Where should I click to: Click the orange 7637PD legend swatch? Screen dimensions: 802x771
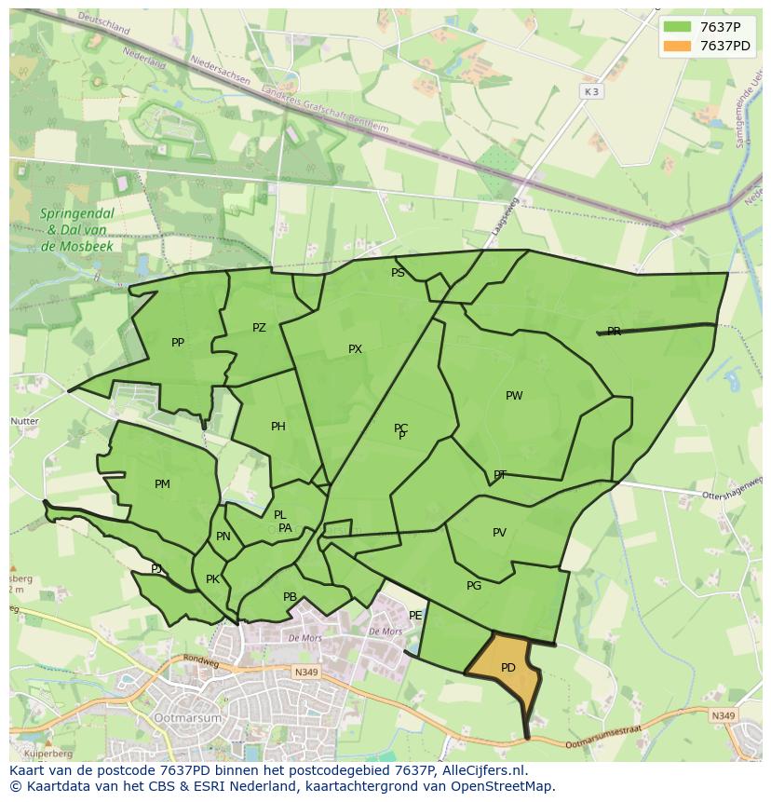(x=677, y=46)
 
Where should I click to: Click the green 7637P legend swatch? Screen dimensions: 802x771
(x=677, y=27)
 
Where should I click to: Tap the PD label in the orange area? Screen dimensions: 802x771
(x=508, y=668)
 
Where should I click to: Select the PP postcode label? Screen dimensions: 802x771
(x=178, y=343)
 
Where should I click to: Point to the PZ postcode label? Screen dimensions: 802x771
(x=259, y=328)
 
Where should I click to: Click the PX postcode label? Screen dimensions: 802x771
(x=355, y=349)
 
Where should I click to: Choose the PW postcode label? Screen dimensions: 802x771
(x=514, y=396)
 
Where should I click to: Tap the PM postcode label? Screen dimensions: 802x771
(x=162, y=484)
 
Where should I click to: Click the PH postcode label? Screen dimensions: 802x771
(x=278, y=427)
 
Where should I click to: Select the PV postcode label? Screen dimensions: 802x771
(x=499, y=533)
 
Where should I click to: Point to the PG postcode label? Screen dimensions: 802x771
(x=474, y=586)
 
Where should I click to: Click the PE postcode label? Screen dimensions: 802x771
(x=415, y=616)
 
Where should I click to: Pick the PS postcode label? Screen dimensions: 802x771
(x=398, y=273)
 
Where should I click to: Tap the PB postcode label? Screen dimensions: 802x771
(x=290, y=597)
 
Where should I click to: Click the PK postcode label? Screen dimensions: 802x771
(x=212, y=579)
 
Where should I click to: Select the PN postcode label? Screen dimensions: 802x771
(x=223, y=537)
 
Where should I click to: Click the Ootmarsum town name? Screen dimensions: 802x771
(x=189, y=719)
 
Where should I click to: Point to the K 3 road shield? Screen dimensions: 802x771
(x=591, y=91)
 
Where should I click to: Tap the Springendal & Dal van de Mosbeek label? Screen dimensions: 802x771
(x=77, y=230)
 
